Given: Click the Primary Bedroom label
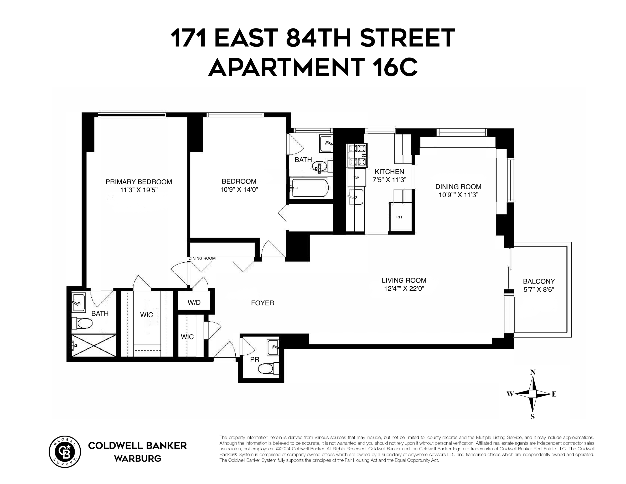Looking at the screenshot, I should (x=139, y=182).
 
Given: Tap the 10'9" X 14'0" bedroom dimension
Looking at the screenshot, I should (x=239, y=190).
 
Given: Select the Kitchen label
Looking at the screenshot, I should (x=389, y=172).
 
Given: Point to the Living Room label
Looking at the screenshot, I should (x=404, y=280).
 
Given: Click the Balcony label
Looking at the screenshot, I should (x=539, y=281).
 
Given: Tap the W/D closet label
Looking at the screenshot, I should (x=194, y=302).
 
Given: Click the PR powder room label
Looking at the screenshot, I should (x=254, y=359).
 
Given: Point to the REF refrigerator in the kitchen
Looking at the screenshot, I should (x=400, y=217).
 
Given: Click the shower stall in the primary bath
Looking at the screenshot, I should (x=93, y=345).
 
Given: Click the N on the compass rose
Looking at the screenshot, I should (x=533, y=372).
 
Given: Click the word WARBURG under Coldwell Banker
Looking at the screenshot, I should (x=138, y=459).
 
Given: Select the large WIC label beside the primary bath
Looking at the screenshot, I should (x=146, y=315).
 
